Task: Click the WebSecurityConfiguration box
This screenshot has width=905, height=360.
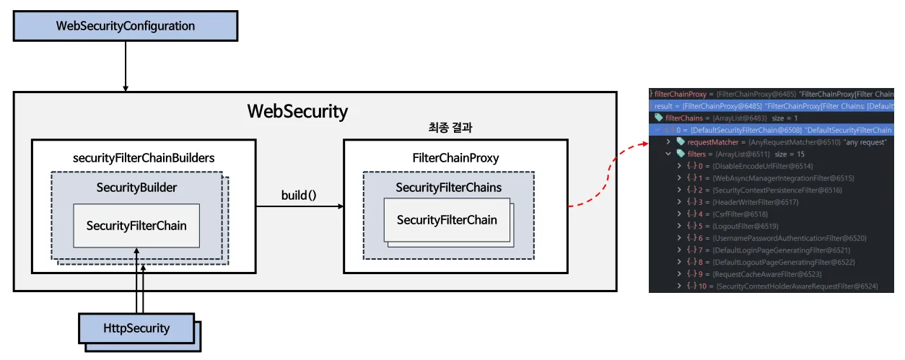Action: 126,26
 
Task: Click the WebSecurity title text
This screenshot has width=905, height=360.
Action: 297,112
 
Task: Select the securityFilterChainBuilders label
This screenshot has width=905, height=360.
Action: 144,157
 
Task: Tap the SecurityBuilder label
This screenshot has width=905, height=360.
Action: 136,187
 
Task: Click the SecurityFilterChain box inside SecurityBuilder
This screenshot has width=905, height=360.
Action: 136,226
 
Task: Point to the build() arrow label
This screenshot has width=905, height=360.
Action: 299,196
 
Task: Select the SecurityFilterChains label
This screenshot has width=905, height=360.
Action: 448,188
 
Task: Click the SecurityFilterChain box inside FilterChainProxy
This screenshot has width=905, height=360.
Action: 447,219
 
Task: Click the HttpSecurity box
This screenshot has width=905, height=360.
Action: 136,329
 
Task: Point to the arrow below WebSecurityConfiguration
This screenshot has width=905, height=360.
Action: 126,66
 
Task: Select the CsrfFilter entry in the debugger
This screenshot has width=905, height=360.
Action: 740,214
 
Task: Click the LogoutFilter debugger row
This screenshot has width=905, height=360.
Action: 743,226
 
